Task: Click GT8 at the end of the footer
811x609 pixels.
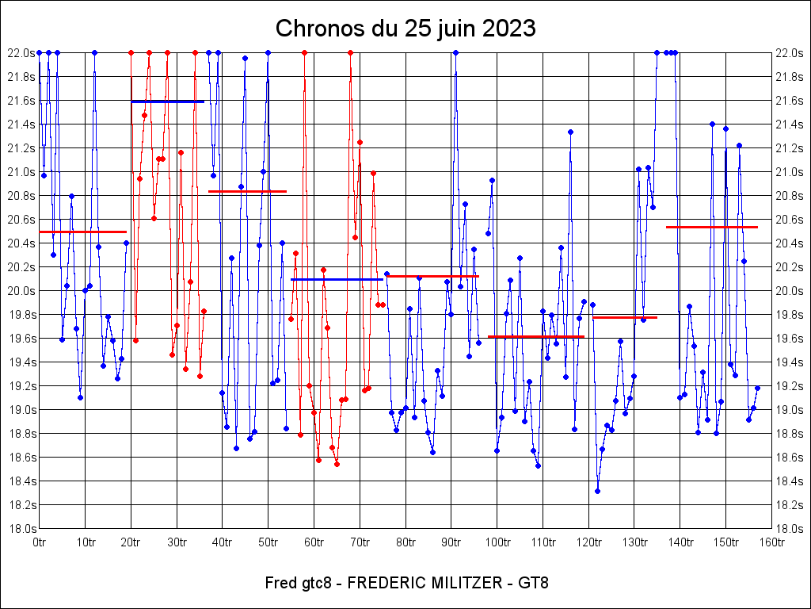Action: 533,584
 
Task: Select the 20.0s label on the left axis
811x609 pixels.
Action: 21,291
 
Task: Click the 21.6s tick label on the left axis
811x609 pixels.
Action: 21,101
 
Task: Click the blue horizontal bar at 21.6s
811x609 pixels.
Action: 167,101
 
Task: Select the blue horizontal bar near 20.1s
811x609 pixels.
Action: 337,279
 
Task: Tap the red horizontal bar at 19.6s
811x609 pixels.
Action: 535,336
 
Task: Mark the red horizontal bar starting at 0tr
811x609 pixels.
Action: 82,232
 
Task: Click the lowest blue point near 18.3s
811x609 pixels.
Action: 597,491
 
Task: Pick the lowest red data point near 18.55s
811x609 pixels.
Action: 337,464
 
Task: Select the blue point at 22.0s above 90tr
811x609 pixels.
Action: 455,52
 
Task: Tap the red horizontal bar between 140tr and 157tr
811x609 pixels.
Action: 711,227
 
